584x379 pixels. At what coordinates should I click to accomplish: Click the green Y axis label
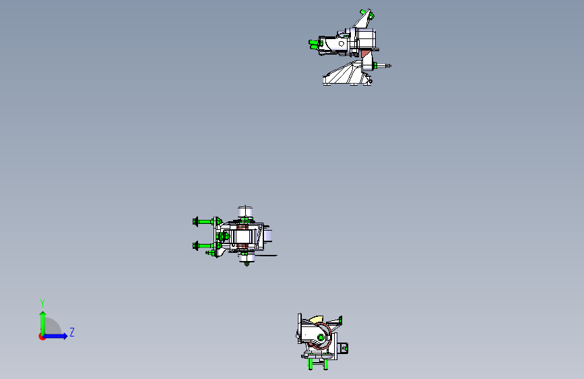(42, 303)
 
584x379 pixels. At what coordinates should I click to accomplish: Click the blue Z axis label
(72, 332)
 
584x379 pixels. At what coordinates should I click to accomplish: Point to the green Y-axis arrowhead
(43, 314)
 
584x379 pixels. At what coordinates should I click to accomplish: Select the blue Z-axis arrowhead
(65, 336)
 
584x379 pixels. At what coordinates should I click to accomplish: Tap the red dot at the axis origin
(42, 337)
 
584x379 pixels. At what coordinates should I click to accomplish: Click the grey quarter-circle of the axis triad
(53, 327)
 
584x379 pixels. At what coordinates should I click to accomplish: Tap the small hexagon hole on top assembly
(342, 44)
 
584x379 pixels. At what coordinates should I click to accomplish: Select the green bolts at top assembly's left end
(315, 45)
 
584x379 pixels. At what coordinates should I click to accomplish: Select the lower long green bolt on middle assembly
(205, 246)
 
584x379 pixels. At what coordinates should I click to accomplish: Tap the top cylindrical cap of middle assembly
(245, 212)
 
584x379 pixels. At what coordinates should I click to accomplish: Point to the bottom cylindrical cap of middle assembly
(246, 258)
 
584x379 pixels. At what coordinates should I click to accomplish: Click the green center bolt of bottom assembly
(321, 338)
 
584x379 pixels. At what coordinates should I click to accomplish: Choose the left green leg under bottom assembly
(311, 363)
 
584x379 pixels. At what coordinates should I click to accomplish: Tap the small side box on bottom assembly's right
(344, 348)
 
